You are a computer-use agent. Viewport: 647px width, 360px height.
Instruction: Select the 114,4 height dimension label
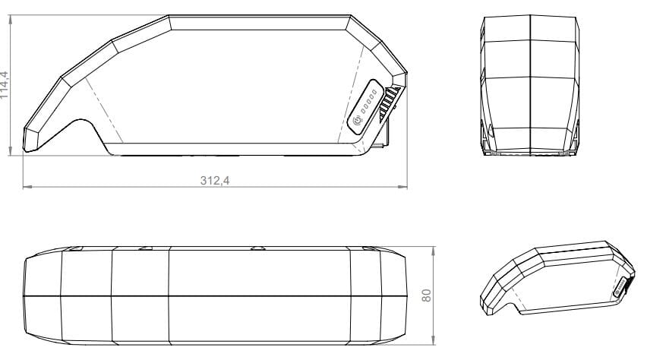pyautogui.click(x=6, y=86)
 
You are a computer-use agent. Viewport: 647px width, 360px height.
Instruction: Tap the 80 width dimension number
pyautogui.click(x=428, y=295)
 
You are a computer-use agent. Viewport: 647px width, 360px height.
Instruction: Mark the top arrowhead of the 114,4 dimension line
pyautogui.click(x=11, y=17)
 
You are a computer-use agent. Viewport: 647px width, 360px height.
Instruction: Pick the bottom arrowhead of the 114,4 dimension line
pyautogui.click(x=11, y=154)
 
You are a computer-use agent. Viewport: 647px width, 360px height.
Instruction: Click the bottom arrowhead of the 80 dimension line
pyautogui.click(x=434, y=340)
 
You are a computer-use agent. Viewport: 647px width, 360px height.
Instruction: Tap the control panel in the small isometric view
pyautogui.click(x=620, y=288)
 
